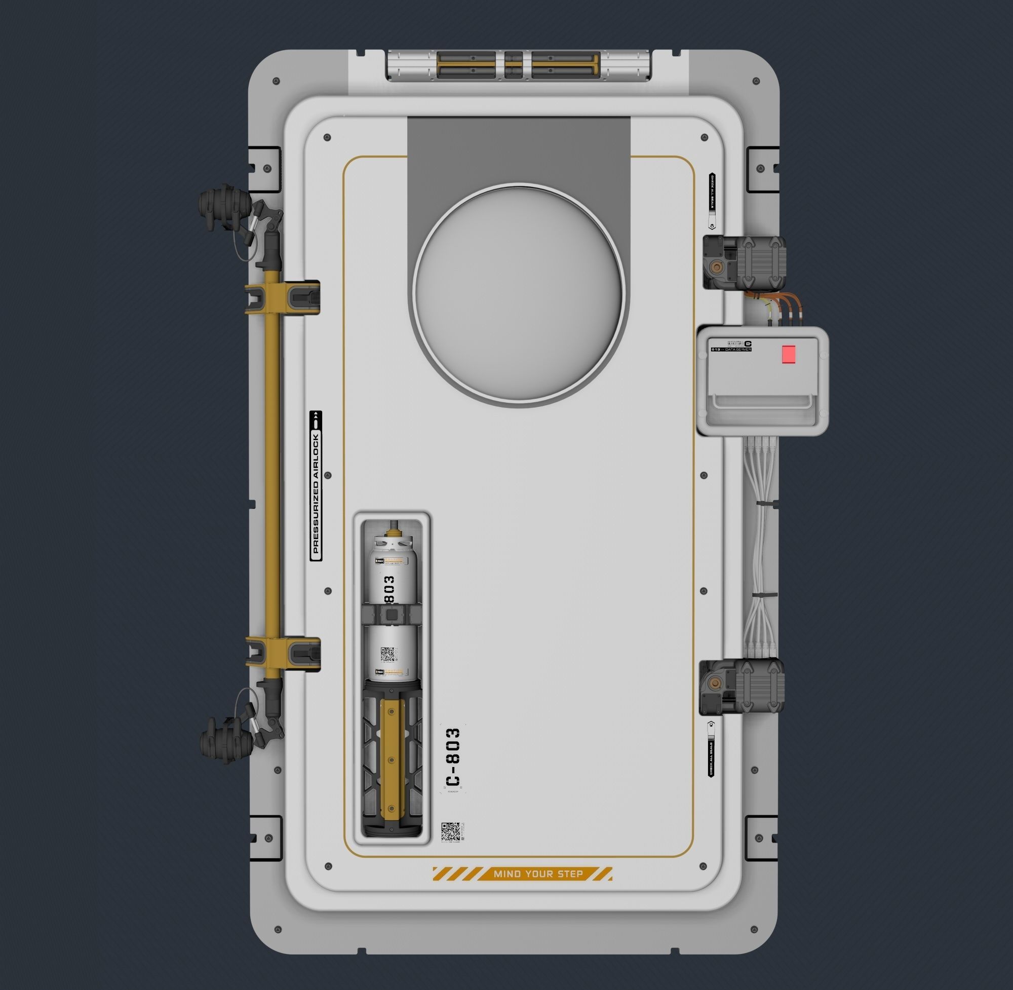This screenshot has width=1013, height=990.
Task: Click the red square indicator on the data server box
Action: (x=789, y=354)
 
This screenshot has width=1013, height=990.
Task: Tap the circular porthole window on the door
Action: (x=518, y=294)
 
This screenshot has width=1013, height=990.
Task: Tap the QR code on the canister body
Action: (x=388, y=655)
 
